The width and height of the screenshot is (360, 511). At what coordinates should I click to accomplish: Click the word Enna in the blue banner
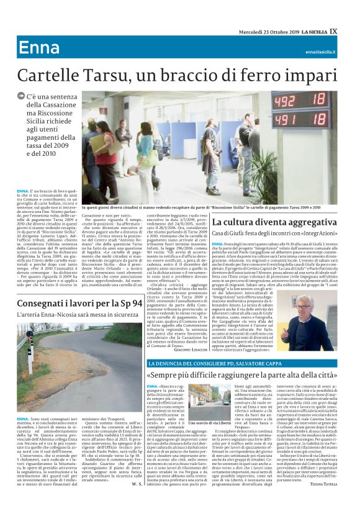(38, 48)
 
